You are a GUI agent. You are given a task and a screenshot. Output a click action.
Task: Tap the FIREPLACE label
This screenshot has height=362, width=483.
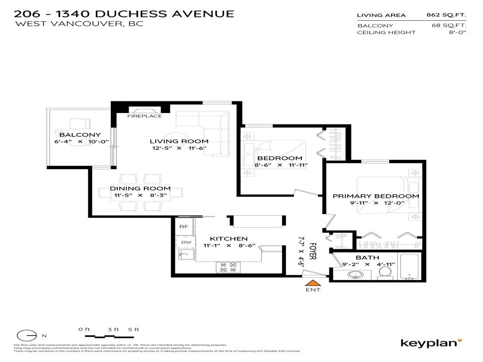click(x=145, y=116)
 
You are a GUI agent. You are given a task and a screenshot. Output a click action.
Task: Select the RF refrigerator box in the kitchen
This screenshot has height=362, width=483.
click(x=184, y=227)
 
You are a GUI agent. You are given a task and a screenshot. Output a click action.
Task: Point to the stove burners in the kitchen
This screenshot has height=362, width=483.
click(x=228, y=267)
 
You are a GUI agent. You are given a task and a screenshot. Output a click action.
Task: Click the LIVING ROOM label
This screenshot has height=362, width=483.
click(x=179, y=141)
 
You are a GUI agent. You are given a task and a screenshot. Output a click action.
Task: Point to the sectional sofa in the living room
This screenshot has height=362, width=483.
click(x=203, y=120)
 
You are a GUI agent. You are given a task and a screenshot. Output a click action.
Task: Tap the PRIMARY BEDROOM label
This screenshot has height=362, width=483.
click(x=376, y=196)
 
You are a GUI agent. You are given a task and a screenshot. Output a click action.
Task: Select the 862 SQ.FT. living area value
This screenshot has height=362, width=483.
click(x=446, y=15)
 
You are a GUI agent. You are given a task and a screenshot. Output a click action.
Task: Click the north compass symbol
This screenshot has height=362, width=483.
click(x=27, y=335)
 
